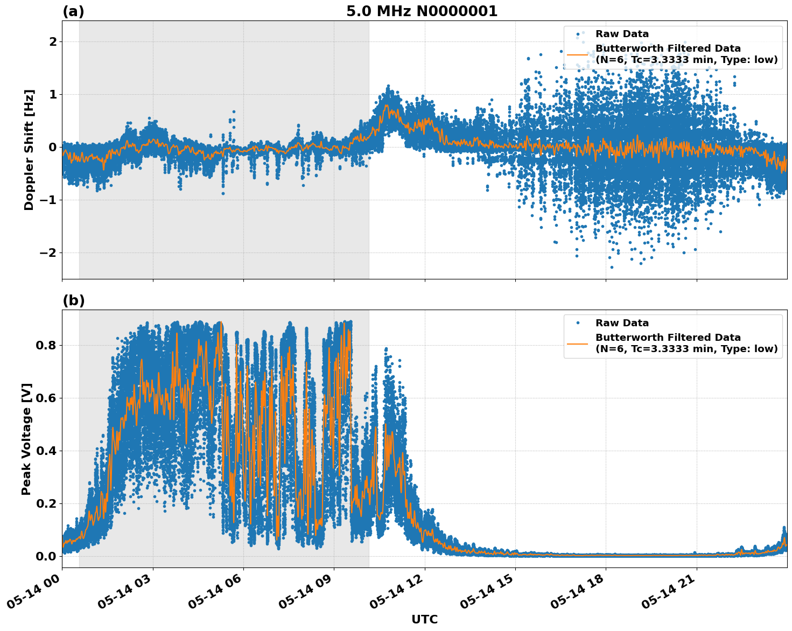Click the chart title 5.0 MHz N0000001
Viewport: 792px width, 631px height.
(x=422, y=11)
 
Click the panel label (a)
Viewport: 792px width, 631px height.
(x=73, y=11)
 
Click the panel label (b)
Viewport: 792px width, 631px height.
(x=73, y=300)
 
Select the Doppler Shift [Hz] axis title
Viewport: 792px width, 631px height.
(x=29, y=150)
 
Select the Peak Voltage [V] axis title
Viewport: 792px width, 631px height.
(x=26, y=439)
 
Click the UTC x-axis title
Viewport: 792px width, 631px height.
(x=424, y=619)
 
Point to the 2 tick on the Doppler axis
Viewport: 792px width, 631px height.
(x=53, y=42)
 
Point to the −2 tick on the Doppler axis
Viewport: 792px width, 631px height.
(x=49, y=253)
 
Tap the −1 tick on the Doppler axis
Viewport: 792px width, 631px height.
(x=49, y=200)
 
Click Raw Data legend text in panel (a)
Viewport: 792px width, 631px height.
(x=622, y=34)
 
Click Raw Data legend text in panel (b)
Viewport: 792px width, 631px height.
(x=622, y=323)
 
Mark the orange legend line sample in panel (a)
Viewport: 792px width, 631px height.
(x=578, y=54)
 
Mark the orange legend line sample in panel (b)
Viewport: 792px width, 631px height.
(x=578, y=343)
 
